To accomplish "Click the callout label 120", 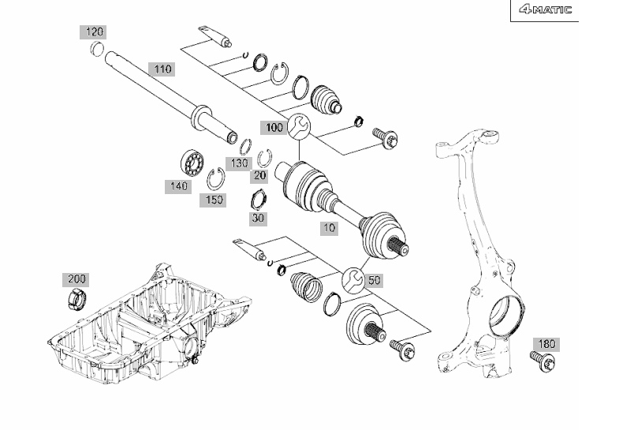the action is click(x=94, y=32).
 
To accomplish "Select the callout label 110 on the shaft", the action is click(x=162, y=69).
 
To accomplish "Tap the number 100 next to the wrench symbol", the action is click(x=273, y=128).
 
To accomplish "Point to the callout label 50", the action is click(x=374, y=280).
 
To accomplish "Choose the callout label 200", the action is click(x=76, y=279).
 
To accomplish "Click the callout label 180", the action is click(x=546, y=344).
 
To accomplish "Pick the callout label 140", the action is click(x=178, y=186).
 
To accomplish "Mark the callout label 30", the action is click(x=258, y=219).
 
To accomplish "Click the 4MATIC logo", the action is click(x=546, y=9).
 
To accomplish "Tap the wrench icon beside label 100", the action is click(x=298, y=127).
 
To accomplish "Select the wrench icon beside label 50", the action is click(x=353, y=280).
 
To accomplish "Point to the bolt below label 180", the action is click(x=543, y=361).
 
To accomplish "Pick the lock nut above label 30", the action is click(x=259, y=199).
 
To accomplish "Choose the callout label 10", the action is click(x=329, y=228).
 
